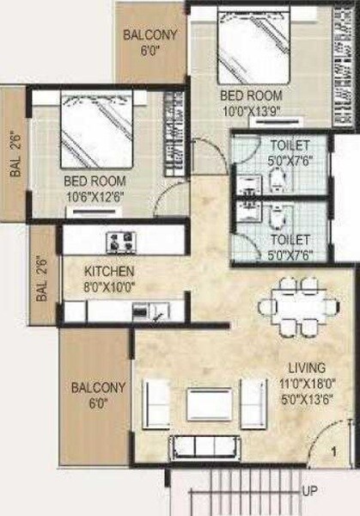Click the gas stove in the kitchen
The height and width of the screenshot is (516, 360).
(119, 240)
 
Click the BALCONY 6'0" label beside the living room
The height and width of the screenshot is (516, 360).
(98, 395)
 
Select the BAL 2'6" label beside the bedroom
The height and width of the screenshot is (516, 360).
(15, 151)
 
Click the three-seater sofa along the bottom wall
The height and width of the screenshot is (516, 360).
(204, 445)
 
